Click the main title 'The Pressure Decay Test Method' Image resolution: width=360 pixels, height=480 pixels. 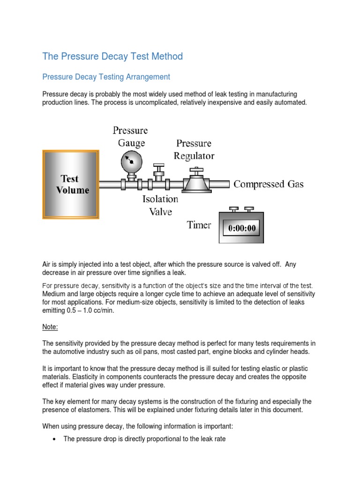pyautogui.click(x=112, y=57)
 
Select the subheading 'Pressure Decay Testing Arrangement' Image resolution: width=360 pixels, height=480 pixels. pyautogui.click(x=106, y=76)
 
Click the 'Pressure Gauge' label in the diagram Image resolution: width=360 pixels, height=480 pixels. pyautogui.click(x=130, y=136)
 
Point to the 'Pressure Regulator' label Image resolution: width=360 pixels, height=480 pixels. pyautogui.click(x=194, y=149)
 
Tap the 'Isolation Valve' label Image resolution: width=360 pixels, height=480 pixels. pyautogui.click(x=160, y=205)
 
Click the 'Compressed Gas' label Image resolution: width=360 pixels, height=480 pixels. pyautogui.click(x=269, y=184)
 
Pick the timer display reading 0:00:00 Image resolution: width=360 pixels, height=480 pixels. pyautogui.click(x=242, y=229)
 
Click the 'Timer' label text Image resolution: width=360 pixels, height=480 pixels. pyautogui.click(x=199, y=225)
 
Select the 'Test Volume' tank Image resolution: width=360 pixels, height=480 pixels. pyautogui.click(x=70, y=184)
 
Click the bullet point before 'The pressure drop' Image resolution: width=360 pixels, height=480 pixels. pyautogui.click(x=55, y=439)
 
